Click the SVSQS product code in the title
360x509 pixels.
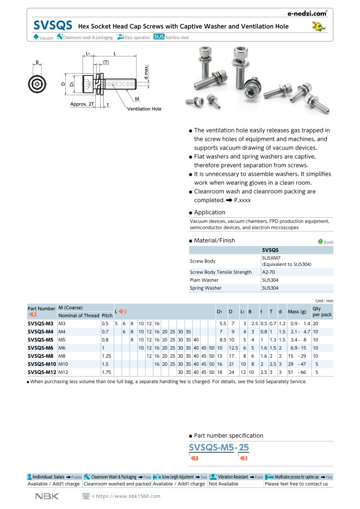click(53, 25)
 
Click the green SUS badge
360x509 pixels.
click(159, 37)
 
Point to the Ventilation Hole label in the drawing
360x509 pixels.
click(145, 109)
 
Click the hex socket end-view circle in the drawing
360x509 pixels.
click(37, 84)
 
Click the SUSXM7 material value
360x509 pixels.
click(271, 258)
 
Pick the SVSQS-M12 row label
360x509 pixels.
click(42, 373)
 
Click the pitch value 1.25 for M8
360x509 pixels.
click(107, 356)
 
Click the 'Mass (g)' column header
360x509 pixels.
click(297, 312)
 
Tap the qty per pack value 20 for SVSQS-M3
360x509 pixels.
click(315, 323)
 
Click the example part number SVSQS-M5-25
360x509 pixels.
click(219, 448)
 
